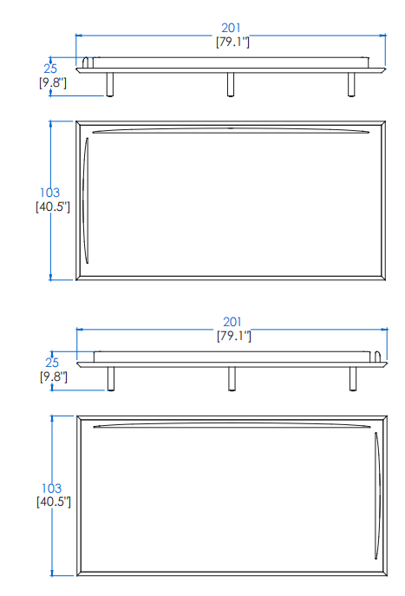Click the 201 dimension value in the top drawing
[x=231, y=28]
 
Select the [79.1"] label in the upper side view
[x=232, y=42]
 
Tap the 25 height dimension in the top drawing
[x=50, y=69]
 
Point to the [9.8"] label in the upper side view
[x=52, y=82]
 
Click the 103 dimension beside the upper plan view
[x=49, y=193]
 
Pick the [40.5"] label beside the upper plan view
[x=53, y=206]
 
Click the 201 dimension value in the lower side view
[x=232, y=322]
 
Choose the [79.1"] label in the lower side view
[x=234, y=336]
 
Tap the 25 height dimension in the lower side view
[x=52, y=363]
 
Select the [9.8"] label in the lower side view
[x=54, y=377]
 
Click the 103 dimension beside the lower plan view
[x=51, y=488]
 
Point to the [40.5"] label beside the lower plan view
[x=54, y=501]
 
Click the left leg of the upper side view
[x=110, y=84]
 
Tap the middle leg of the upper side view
[x=231, y=84]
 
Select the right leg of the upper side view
[x=351, y=84]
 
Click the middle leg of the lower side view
[x=232, y=378]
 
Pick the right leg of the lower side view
[x=353, y=378]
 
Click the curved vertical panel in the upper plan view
[x=86, y=200]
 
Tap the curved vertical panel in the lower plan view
[x=377, y=495]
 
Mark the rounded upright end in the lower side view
[x=377, y=357]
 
